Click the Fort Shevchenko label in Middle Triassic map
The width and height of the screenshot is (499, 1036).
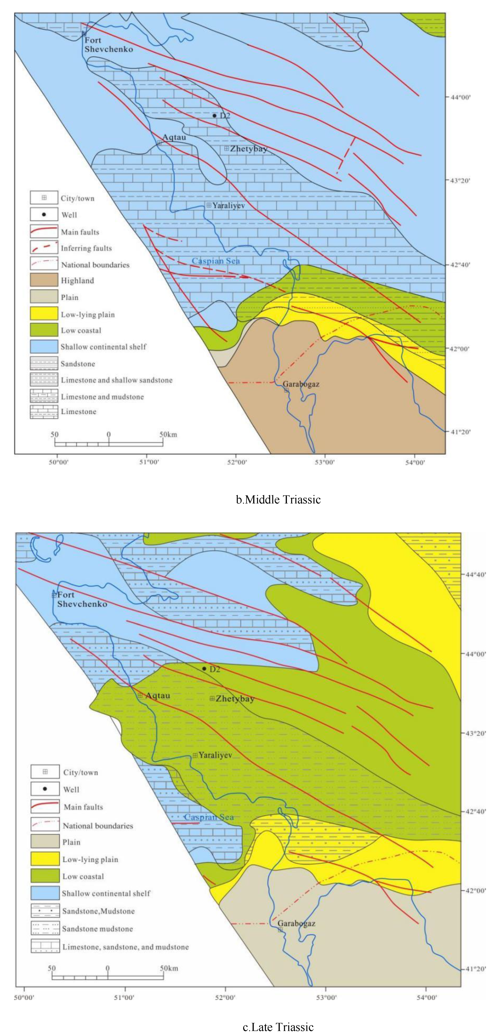tap(108, 45)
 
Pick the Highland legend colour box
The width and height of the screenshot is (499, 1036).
tap(44, 280)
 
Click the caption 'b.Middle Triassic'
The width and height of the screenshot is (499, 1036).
tap(278, 500)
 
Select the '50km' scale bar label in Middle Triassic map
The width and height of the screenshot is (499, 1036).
tap(168, 434)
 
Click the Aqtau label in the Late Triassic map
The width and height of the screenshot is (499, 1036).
tap(157, 695)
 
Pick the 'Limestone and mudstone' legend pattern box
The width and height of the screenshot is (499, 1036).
tap(44, 397)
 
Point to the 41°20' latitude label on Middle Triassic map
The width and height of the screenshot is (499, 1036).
tap(460, 432)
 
